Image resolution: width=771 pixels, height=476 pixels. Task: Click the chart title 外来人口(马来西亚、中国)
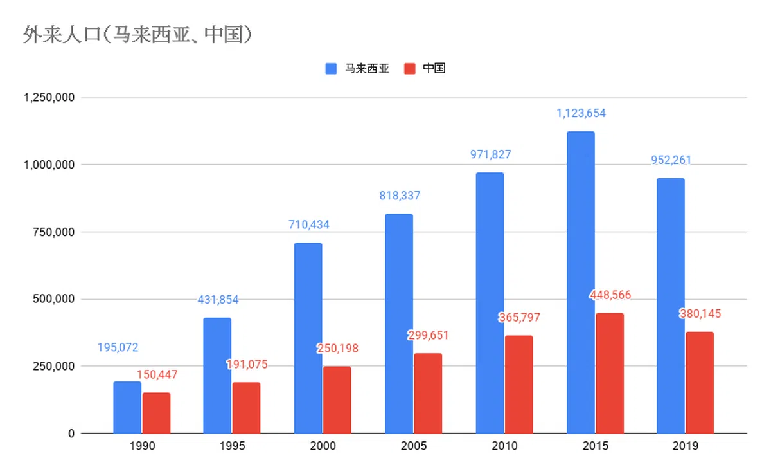coord(136,34)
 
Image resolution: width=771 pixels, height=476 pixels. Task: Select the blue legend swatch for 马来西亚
coord(332,69)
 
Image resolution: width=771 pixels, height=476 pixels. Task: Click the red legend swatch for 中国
coord(410,69)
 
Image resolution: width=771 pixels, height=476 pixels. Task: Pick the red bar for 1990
coord(156,413)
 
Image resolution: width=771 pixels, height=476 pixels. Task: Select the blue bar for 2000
coord(308,338)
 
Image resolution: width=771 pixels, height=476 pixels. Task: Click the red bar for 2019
coord(700,382)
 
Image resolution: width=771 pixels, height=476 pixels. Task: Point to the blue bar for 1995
coord(217,375)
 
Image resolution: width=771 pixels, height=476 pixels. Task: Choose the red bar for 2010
coord(518,384)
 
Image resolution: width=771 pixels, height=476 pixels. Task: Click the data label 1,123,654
coord(581,114)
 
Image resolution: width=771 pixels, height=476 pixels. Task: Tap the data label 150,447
coord(157,374)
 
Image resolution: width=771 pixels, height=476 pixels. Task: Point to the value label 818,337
coord(399,196)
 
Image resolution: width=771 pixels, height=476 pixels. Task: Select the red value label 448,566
coord(610,295)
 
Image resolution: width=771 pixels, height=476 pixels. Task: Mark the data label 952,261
coord(671,160)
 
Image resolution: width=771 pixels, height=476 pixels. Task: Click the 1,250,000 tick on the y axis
coord(49,98)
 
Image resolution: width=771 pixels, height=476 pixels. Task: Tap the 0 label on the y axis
coord(71,434)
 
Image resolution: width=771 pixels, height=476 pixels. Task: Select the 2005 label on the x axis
coord(413,446)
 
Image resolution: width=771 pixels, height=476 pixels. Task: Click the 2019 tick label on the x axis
coord(685,446)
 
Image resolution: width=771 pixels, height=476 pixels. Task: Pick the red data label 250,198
coord(337,349)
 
